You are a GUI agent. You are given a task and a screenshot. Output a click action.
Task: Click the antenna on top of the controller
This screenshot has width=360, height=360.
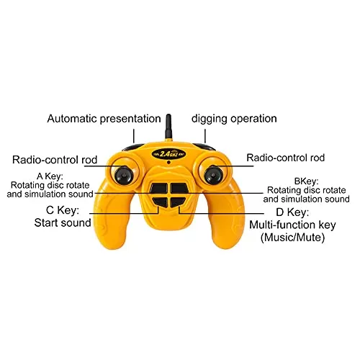point(168,127)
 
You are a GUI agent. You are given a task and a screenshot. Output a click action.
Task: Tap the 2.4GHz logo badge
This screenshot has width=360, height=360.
point(169,154)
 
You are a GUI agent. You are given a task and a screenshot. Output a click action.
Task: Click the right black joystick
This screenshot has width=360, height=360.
point(213,175)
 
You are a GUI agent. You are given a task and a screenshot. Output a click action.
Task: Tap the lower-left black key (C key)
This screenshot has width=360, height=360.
point(160,202)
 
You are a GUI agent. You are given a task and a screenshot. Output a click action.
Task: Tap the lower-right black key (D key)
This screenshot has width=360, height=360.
point(177,202)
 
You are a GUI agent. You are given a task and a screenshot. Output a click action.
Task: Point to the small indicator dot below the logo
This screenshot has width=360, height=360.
point(168,163)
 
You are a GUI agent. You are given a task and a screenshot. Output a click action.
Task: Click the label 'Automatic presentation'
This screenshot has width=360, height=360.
point(104,119)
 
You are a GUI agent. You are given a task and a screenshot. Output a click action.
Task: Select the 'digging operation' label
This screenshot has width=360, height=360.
point(234,119)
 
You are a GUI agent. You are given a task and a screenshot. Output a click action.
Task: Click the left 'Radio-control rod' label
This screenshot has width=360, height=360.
point(55,160)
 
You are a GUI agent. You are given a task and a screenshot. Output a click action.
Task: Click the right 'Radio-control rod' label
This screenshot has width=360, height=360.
point(286,158)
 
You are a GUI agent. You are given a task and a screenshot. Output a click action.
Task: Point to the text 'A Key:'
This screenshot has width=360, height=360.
point(50,176)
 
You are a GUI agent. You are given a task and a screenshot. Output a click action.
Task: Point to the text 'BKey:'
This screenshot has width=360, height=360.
point(307,181)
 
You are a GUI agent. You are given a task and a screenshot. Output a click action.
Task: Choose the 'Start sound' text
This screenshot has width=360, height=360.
point(63,222)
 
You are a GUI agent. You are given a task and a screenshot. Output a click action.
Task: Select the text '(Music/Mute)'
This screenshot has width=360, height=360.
point(292,238)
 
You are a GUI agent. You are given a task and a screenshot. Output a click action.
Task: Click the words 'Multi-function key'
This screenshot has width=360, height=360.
point(292,225)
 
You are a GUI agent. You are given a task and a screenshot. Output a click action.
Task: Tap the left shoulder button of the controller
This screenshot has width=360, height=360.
point(133,147)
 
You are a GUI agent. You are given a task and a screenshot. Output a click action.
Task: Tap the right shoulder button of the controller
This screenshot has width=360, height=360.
point(204,147)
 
